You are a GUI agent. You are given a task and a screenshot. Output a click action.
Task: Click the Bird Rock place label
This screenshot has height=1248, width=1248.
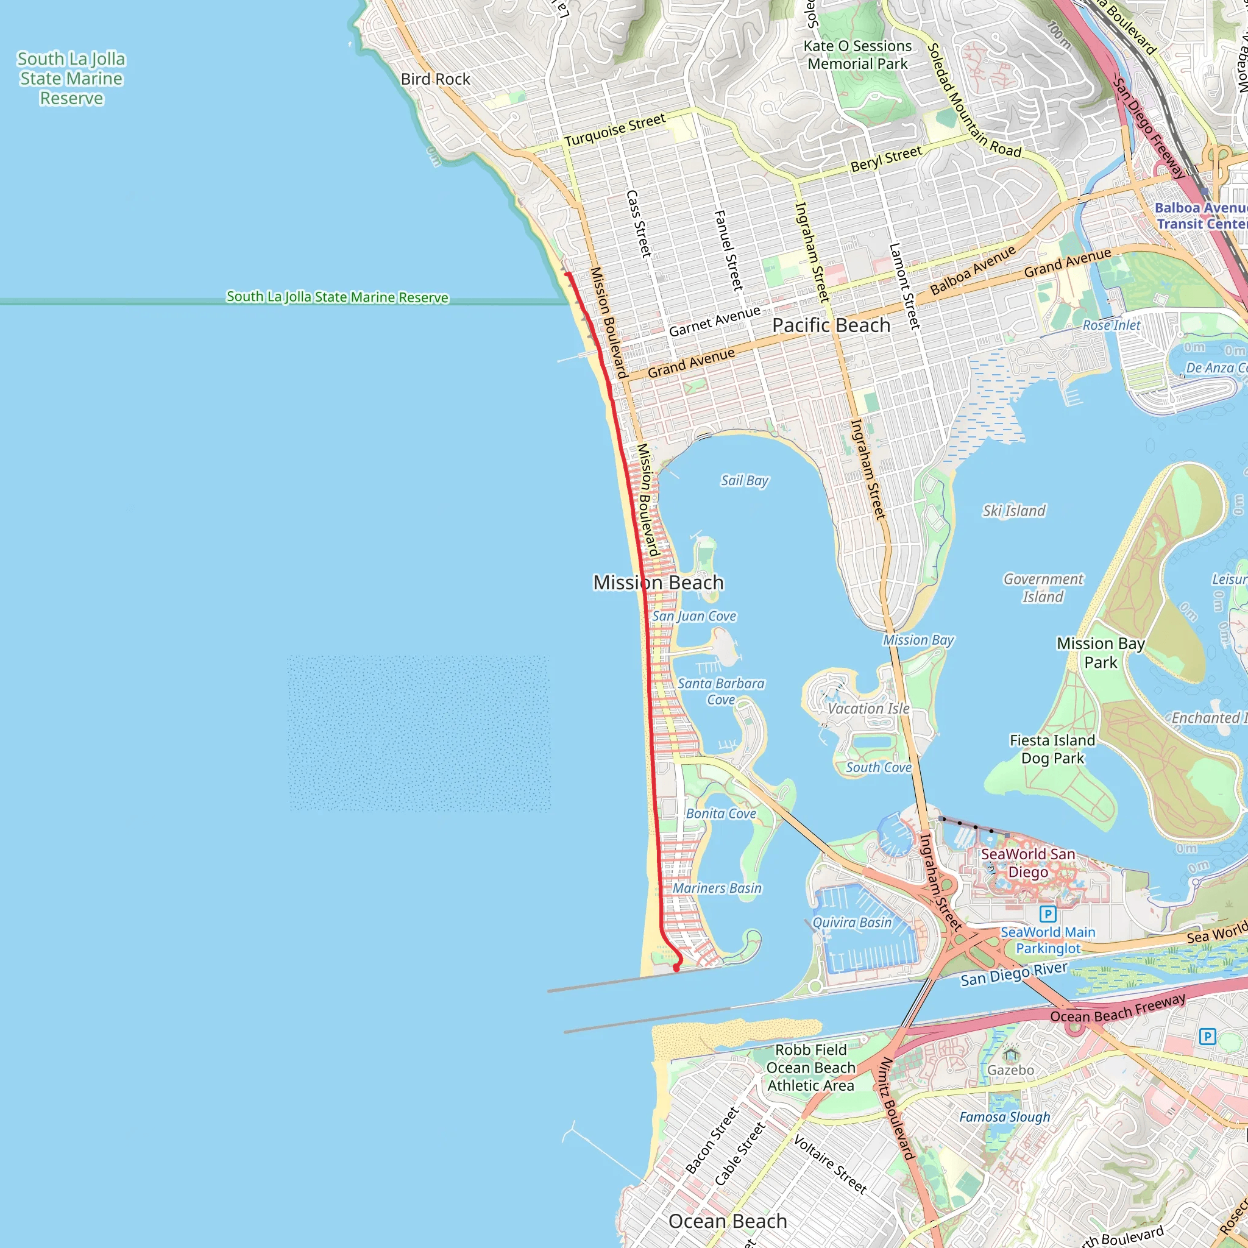tap(434, 79)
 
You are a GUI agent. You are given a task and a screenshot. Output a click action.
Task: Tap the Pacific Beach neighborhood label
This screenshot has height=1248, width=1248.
tap(831, 325)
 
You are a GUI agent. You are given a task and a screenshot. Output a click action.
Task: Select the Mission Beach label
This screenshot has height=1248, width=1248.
tap(658, 582)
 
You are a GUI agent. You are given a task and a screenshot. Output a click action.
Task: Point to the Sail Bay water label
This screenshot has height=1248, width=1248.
tap(744, 480)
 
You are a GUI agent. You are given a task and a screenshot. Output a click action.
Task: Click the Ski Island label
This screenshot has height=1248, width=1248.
tap(1013, 510)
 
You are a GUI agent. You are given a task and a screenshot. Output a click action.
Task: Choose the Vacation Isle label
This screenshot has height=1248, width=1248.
tap(868, 708)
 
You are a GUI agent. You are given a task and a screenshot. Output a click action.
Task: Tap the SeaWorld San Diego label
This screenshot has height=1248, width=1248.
tap(1028, 862)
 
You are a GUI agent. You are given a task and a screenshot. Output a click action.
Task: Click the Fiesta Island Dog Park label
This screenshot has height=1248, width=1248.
tap(1052, 749)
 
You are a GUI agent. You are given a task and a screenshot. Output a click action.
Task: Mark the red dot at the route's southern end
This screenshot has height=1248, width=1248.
tap(676, 968)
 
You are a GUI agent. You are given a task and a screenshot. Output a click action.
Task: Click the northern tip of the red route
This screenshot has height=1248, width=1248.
tap(567, 274)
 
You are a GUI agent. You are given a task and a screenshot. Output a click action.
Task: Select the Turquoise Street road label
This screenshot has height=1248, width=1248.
tap(614, 130)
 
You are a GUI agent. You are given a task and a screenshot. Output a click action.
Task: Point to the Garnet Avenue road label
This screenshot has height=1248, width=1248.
tap(714, 321)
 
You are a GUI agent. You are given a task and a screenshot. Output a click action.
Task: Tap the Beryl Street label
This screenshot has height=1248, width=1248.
tap(885, 159)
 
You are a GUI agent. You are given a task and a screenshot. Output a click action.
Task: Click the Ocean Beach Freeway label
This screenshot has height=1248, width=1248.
tap(1118, 1007)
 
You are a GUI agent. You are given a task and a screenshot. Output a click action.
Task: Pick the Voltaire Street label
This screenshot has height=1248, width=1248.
tap(830, 1163)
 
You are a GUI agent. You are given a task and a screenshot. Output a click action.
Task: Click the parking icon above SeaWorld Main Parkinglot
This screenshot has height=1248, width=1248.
tap(1048, 913)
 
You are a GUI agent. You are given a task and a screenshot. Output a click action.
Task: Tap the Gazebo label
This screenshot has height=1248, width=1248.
tap(1010, 1069)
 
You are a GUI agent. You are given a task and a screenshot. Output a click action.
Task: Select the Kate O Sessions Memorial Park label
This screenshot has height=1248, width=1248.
tap(857, 55)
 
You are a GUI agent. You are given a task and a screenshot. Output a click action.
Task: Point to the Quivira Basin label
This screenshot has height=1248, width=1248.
tap(851, 923)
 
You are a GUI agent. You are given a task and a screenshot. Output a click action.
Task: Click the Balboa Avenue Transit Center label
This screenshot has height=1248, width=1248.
tap(1200, 216)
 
